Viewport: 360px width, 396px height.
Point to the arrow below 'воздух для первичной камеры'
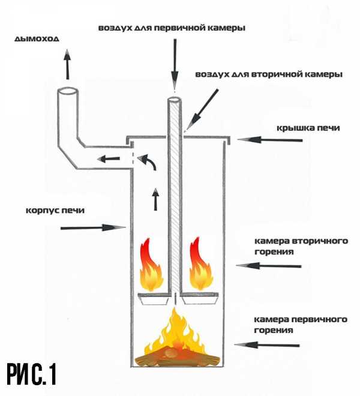point(175,63)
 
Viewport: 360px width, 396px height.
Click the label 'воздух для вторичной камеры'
point(269,75)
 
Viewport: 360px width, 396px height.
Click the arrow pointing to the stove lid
point(269,140)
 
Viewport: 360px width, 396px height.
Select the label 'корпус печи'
point(59,211)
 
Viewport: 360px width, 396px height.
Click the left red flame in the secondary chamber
point(151,265)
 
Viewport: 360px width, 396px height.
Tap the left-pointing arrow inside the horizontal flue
point(109,159)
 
